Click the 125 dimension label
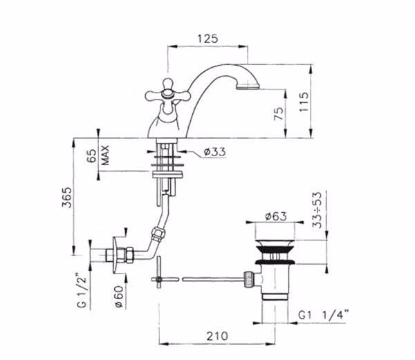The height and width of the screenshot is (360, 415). click(207, 39)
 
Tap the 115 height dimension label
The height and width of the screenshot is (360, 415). click(304, 102)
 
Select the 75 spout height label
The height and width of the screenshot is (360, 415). click(279, 113)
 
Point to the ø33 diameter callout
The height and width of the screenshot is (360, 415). click(214, 152)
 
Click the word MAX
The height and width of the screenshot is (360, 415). click(105, 155)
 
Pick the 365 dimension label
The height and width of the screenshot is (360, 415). click(66, 198)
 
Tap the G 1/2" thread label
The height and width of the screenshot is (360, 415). click(82, 291)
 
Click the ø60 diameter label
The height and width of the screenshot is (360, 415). click(119, 296)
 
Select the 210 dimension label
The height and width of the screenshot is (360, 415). click(217, 337)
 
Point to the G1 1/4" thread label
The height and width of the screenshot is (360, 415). click(323, 315)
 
